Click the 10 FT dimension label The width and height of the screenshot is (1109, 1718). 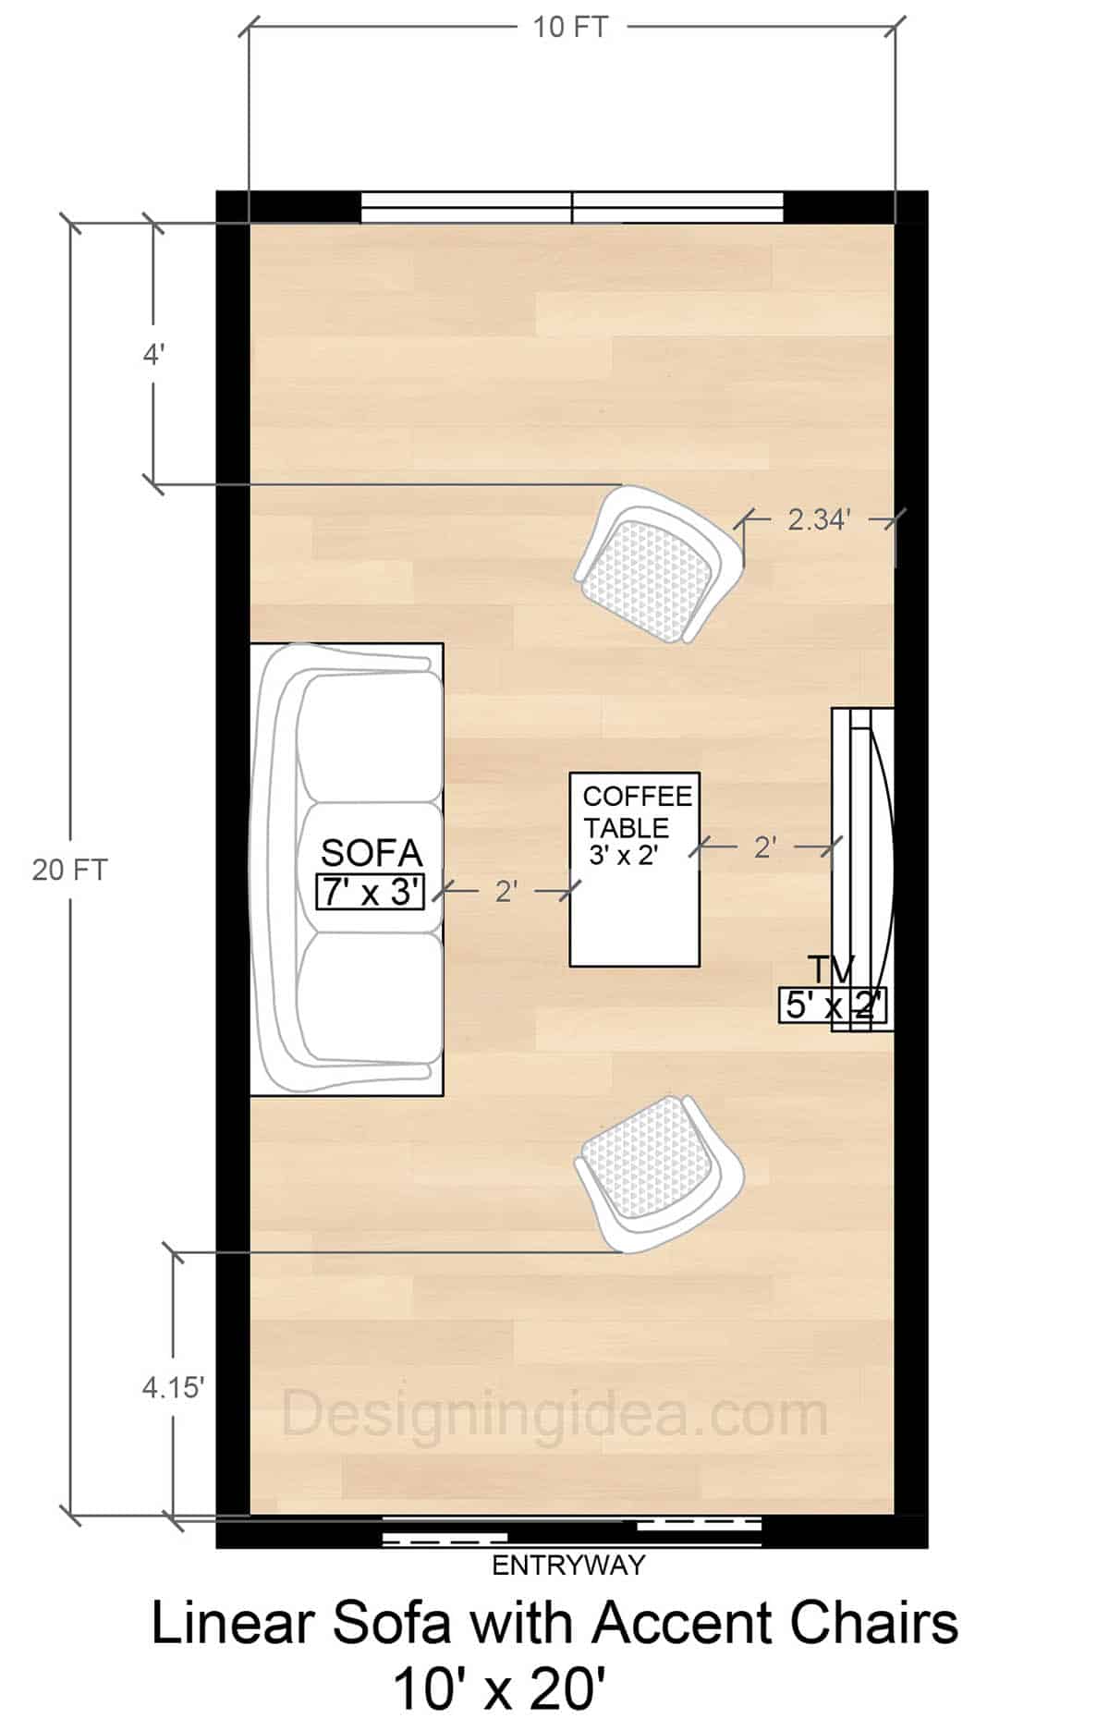pos(570,27)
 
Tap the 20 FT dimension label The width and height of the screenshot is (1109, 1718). pos(69,870)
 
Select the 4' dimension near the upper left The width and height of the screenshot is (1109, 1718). pos(153,354)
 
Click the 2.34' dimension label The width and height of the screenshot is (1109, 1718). pos(818,519)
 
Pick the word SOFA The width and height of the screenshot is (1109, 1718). pos(371,853)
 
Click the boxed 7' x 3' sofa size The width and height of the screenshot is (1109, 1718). pos(371,892)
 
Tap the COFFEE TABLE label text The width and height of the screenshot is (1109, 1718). pos(637,810)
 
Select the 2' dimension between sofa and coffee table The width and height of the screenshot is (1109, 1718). pos(506,891)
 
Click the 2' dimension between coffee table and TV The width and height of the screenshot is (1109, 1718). pos(764,846)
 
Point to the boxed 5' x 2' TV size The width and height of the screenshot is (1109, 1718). pos(833,1005)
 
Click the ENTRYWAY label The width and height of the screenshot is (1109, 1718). pos(568,1565)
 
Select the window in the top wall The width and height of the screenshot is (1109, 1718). pos(571,207)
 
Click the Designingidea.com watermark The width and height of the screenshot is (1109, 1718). pos(554,1414)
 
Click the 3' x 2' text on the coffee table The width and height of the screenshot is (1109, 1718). pos(623,856)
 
